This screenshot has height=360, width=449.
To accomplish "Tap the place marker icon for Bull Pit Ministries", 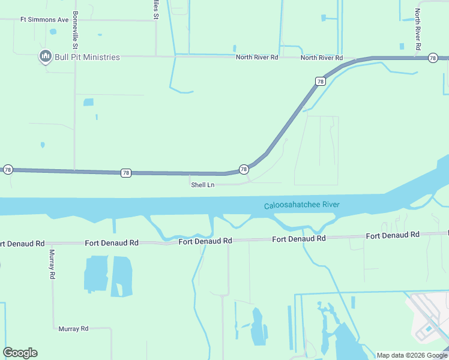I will point(45,57).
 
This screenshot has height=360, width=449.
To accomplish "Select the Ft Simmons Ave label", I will point(44,20).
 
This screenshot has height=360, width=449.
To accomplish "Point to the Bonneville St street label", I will point(76,30).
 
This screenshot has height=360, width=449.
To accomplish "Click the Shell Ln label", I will point(202,185).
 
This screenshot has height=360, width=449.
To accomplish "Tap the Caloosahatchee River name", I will point(302,206).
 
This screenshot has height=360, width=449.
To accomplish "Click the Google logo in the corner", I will point(20,352).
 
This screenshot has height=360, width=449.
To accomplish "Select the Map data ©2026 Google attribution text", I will point(412,355).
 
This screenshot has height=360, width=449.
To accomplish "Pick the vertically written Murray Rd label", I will point(52,264).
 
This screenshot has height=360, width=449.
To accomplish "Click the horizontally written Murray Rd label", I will point(73,329).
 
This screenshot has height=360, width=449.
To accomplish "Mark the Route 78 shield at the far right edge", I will point(433,58).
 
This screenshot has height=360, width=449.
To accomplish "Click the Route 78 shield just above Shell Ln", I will point(244,170).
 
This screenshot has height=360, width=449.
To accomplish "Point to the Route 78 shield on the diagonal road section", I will point(320,81).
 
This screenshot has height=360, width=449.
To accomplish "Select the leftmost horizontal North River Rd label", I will point(257,58).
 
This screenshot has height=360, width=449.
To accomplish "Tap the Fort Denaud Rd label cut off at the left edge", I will point(22,244).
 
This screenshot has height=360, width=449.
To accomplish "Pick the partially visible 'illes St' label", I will point(155,10).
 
